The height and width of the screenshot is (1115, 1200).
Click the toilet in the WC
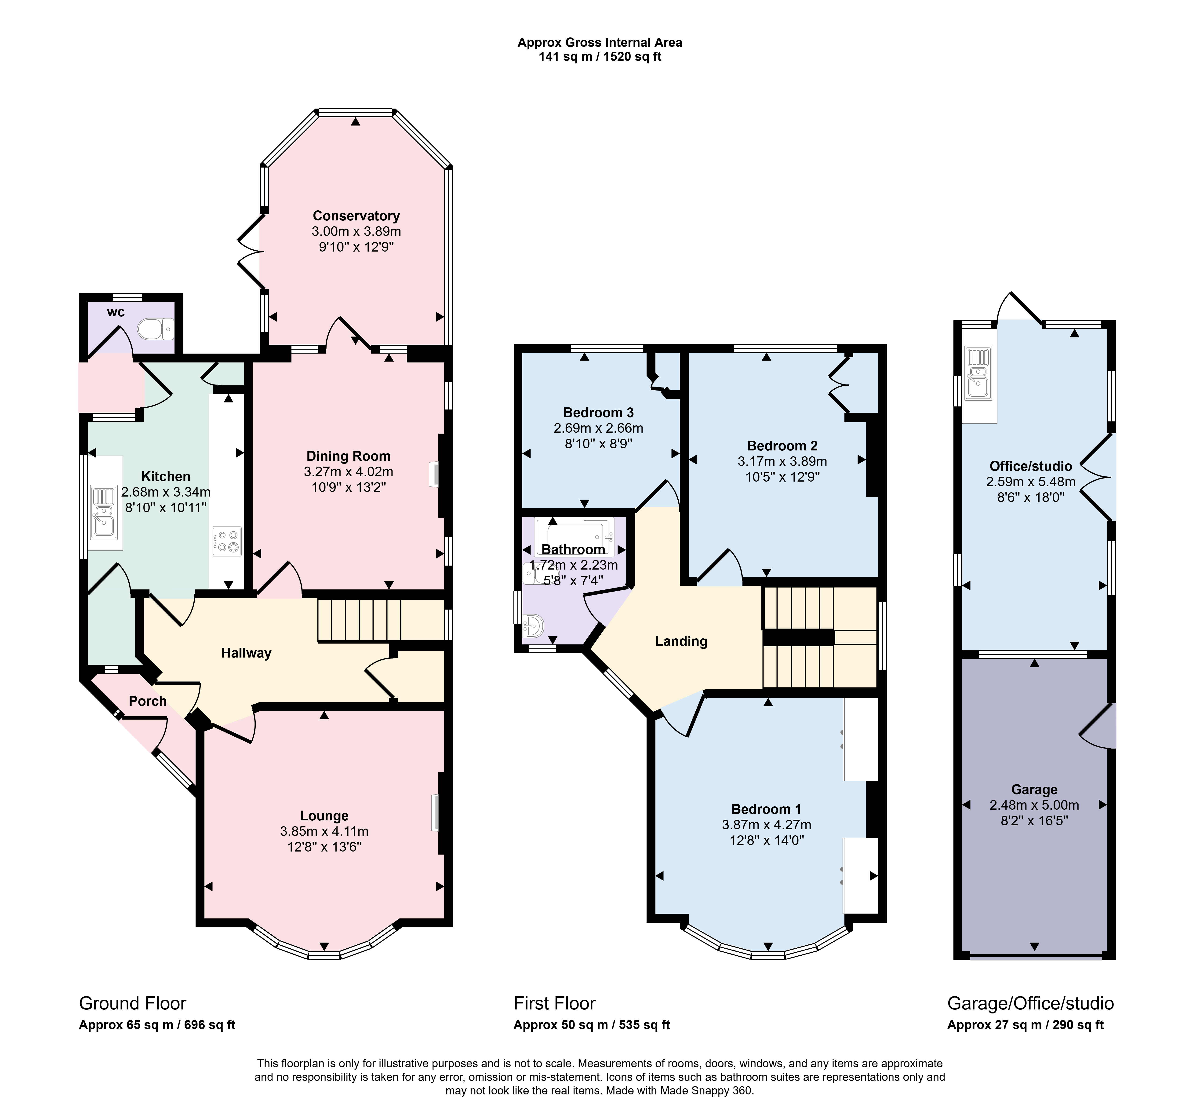[x=156, y=329]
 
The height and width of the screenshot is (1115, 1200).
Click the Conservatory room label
[x=356, y=216]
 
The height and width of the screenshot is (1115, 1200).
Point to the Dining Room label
[x=349, y=456]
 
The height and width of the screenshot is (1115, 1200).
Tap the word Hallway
[x=246, y=653]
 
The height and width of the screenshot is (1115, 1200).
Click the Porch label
[x=148, y=701]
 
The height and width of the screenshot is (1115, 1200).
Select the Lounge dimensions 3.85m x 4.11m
[x=324, y=831]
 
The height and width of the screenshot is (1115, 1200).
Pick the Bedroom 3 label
[x=598, y=413]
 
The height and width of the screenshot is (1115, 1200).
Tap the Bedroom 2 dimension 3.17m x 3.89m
[x=782, y=462]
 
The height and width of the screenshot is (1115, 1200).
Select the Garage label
[x=1034, y=789]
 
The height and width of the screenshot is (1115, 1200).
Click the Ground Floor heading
[x=133, y=1003]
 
